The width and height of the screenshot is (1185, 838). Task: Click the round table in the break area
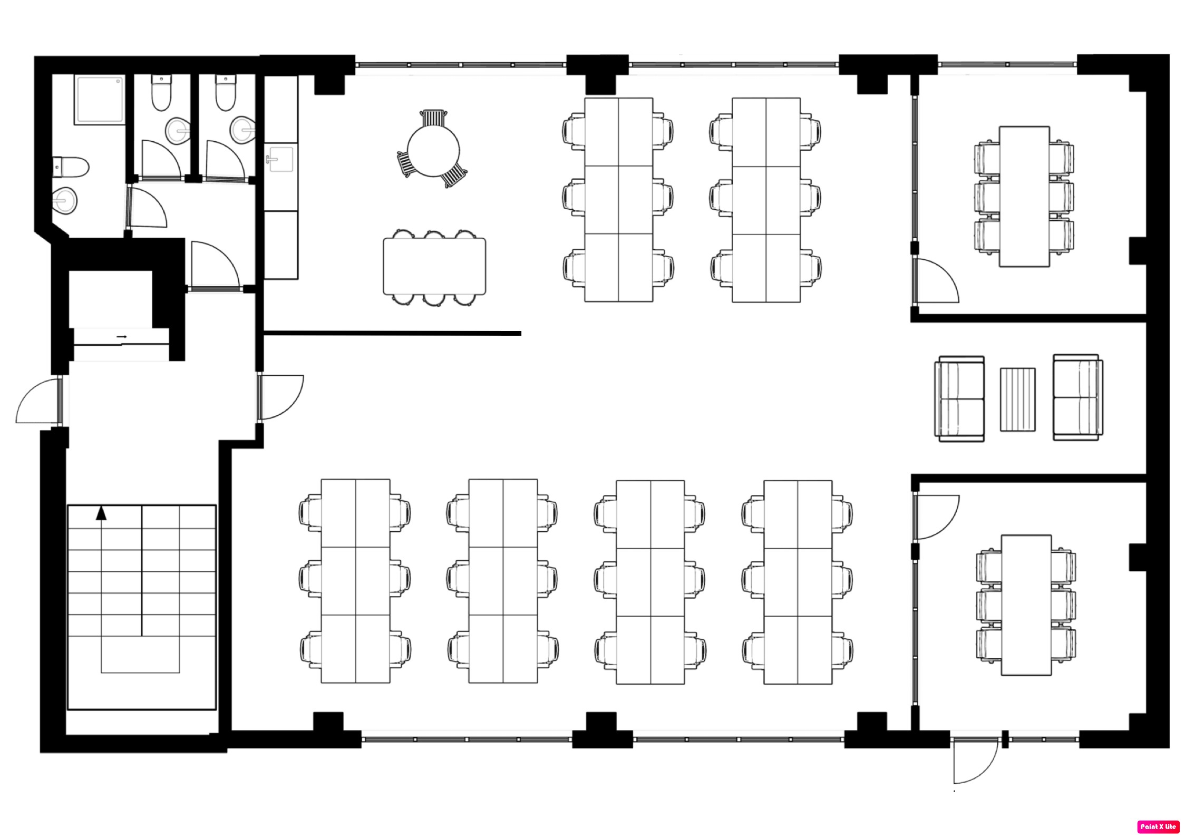(x=433, y=150)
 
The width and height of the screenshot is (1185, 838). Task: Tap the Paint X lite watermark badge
(x=1159, y=826)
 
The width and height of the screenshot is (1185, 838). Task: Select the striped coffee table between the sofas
(x=1017, y=399)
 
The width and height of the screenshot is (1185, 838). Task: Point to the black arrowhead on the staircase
(x=101, y=513)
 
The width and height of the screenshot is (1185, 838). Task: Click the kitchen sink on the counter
(x=280, y=159)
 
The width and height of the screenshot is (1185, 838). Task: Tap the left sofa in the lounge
(x=959, y=398)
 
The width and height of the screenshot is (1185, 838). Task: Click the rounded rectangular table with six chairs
(x=434, y=266)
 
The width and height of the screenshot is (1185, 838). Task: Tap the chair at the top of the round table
(x=433, y=119)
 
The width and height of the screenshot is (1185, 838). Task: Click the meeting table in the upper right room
(x=1024, y=196)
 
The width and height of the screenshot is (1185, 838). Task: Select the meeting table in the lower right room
(x=1026, y=605)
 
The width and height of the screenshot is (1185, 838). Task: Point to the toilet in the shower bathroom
(x=71, y=167)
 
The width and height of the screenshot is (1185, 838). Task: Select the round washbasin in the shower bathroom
(x=65, y=200)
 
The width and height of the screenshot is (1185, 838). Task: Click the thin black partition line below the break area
(x=392, y=333)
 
